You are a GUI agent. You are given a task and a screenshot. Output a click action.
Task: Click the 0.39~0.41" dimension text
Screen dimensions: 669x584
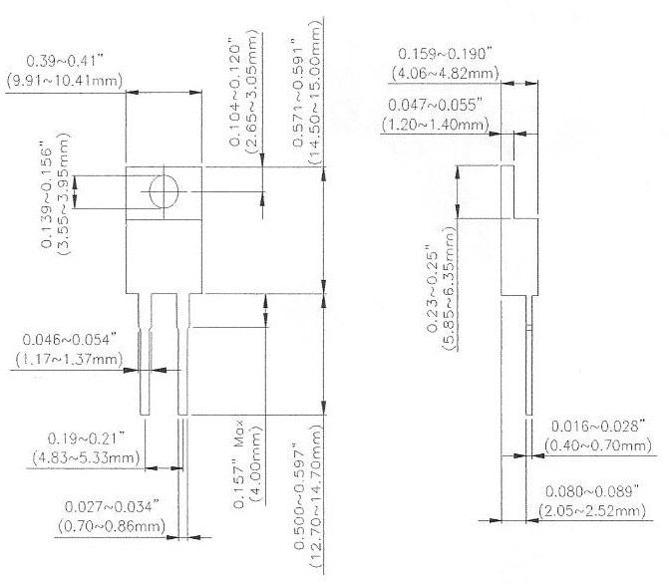65,61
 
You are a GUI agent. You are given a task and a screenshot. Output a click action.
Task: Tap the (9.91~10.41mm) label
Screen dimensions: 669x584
65,81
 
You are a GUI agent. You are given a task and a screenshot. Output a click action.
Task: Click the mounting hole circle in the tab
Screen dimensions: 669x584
163,191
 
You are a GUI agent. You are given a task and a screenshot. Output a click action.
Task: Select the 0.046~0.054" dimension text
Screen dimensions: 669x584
69,340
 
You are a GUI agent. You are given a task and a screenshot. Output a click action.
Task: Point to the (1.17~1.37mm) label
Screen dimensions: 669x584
69,359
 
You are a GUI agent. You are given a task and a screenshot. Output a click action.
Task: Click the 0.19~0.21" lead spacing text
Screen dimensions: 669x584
86,438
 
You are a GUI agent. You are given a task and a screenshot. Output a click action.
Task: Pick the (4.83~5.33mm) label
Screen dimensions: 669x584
86,458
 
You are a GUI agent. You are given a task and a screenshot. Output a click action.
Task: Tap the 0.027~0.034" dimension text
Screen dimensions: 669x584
112,507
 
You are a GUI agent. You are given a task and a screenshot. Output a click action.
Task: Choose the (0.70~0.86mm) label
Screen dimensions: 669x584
112,526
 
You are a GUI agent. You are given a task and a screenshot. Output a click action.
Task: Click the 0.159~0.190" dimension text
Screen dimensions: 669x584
445,54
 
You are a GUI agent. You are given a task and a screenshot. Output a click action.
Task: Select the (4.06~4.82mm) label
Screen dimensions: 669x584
445,74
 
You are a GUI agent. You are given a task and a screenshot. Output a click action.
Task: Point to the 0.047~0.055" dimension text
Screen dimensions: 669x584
435,105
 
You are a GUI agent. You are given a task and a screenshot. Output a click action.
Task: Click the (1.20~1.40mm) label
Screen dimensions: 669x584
435,125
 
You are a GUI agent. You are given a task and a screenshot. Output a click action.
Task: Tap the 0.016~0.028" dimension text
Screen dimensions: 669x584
598,427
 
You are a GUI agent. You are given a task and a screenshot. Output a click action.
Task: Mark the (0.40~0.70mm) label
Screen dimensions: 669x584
598,445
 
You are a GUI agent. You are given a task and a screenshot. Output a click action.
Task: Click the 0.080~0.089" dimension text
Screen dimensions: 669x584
592,491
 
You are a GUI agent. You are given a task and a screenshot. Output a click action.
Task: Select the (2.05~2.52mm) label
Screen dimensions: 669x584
592,511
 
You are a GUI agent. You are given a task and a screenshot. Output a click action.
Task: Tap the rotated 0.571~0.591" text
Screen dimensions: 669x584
299,93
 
